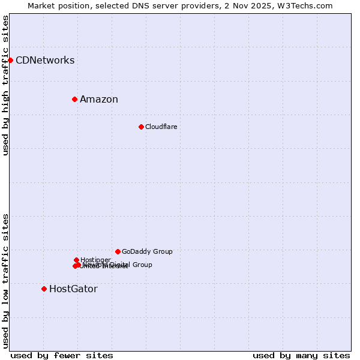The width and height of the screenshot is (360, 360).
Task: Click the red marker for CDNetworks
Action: tap(10, 60)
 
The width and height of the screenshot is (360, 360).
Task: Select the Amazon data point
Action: tap(74, 99)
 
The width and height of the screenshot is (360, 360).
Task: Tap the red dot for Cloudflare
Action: tap(141, 127)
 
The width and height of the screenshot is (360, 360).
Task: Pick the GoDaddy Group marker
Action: tap(118, 251)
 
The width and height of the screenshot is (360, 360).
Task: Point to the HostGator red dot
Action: tap(44, 289)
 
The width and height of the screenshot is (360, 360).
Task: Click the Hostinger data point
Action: tap(76, 260)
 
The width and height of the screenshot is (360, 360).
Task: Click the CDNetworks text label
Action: tap(45, 60)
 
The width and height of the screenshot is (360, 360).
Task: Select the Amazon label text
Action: tap(99, 99)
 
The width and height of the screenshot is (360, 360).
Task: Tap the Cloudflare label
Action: tap(161, 127)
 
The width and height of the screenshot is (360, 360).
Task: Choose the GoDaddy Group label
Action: tap(147, 251)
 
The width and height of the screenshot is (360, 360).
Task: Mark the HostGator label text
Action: tap(73, 289)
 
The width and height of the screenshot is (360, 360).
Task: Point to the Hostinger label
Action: tap(95, 260)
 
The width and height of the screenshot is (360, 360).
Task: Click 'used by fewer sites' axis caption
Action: tap(62, 355)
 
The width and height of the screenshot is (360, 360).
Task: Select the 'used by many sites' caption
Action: tap(301, 355)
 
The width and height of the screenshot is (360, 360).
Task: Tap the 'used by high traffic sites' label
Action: tap(5, 85)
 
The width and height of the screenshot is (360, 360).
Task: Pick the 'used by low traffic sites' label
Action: tap(5, 280)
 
